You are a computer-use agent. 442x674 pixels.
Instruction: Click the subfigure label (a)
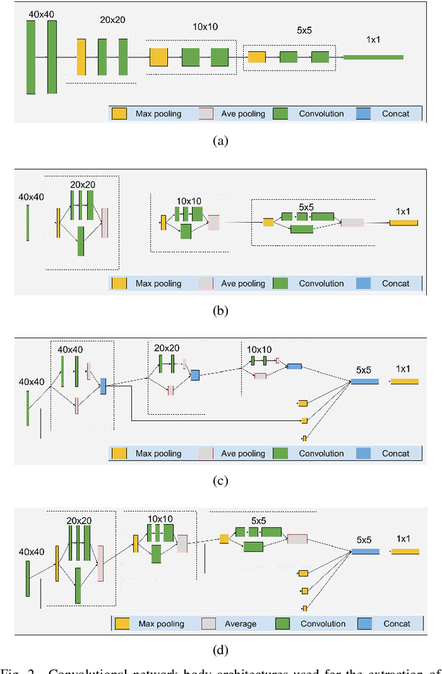[x=220, y=141]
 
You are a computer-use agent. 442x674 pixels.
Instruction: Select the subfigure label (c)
[x=220, y=480]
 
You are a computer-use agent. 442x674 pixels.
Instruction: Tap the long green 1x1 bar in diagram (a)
[x=373, y=57]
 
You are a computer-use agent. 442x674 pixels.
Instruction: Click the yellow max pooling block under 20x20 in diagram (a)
[x=81, y=57]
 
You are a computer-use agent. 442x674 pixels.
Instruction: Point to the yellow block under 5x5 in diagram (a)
[x=256, y=57]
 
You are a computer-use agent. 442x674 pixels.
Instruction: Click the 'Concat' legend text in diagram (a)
[x=396, y=113]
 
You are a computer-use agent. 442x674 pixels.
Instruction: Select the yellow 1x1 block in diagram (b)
[x=403, y=223]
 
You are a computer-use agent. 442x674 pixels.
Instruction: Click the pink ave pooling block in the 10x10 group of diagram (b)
[x=213, y=222]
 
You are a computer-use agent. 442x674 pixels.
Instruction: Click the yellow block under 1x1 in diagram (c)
[x=405, y=381]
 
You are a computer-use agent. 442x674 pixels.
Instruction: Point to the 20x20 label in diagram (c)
[x=167, y=347]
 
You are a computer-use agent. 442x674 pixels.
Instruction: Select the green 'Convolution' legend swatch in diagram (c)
[x=280, y=453]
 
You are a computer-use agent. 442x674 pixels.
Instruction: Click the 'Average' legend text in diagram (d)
[x=240, y=624]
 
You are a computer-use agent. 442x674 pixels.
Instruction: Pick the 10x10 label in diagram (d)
[x=160, y=518]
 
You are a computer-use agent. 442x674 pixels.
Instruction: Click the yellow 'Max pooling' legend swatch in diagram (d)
[x=123, y=624]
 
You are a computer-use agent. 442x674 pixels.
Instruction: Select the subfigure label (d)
[x=220, y=650]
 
